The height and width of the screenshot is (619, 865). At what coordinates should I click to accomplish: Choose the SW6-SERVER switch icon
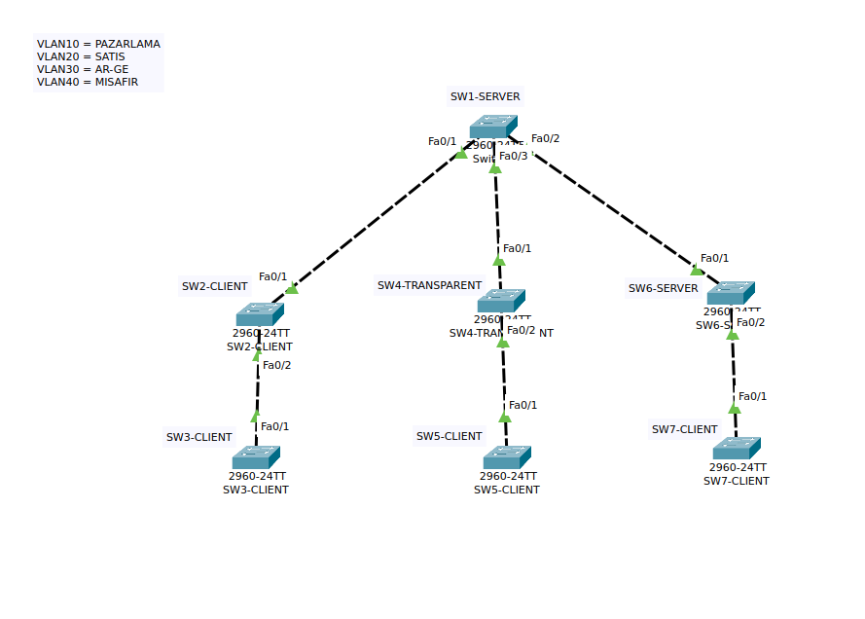click(731, 293)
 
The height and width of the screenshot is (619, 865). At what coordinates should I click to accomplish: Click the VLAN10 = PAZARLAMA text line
click(98, 44)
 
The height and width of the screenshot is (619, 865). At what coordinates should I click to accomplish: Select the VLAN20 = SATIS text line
click(81, 56)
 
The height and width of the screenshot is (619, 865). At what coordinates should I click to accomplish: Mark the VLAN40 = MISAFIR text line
click(88, 82)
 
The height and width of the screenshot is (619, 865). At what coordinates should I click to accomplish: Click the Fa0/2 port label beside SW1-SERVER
click(545, 138)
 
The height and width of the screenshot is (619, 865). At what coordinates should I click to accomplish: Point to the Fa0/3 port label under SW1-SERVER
click(514, 156)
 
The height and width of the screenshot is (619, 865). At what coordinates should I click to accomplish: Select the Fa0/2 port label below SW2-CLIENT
click(276, 365)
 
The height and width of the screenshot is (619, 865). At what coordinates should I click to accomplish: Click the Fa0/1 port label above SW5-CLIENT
click(523, 405)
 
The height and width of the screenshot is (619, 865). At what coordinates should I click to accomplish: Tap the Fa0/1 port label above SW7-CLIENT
click(752, 396)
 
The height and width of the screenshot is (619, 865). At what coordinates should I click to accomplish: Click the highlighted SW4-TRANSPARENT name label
click(429, 285)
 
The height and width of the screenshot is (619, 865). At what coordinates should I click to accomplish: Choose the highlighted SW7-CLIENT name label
click(684, 429)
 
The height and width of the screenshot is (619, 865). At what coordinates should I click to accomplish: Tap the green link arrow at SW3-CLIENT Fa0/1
click(255, 417)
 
